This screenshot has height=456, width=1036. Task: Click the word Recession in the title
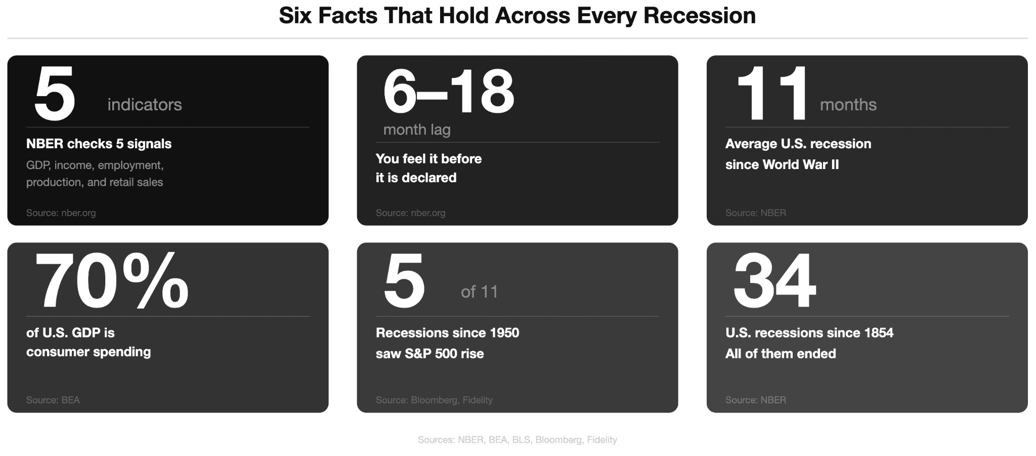pyautogui.click(x=700, y=16)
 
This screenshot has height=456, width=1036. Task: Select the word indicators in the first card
pyautogui.click(x=145, y=105)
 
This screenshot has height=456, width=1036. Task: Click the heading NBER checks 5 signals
pyautogui.click(x=99, y=144)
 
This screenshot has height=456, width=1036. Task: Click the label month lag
pyautogui.click(x=417, y=130)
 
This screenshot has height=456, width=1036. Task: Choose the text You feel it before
pyautogui.click(x=428, y=159)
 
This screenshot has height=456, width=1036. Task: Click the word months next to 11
pyautogui.click(x=848, y=105)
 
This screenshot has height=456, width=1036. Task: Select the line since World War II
pyautogui.click(x=782, y=164)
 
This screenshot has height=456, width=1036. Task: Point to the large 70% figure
pyautogui.click(x=112, y=281)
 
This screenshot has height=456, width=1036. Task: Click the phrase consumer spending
pyautogui.click(x=89, y=352)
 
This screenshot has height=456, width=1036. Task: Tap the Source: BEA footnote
pyautogui.click(x=53, y=400)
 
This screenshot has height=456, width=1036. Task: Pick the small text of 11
pyautogui.click(x=479, y=292)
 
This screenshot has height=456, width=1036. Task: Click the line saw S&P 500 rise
pyautogui.click(x=429, y=354)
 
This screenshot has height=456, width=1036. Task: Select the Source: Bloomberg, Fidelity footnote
pyautogui.click(x=434, y=400)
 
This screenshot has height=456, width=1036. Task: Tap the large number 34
pyautogui.click(x=774, y=281)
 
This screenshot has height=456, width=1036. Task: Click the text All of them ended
pyautogui.click(x=780, y=354)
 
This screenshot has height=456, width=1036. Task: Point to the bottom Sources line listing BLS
pyautogui.click(x=517, y=440)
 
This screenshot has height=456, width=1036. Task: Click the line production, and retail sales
pyautogui.click(x=95, y=182)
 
